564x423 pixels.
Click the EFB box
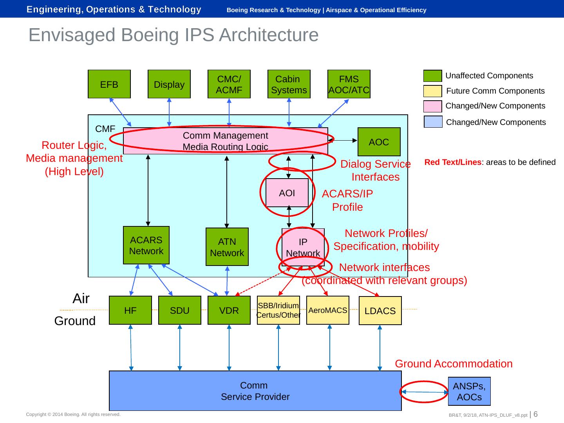pos(109,84)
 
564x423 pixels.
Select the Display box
pos(169,84)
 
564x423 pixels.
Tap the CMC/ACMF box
pos(229,84)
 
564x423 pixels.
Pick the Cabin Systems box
pos(289,84)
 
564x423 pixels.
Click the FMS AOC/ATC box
pos(349,84)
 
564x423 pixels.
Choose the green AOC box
pos(379,142)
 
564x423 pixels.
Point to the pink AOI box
pos(287,193)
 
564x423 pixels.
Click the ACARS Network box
pos(146,245)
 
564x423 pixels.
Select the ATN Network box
pos(227,247)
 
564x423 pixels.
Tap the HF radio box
pos(130,310)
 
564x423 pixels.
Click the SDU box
pos(179,310)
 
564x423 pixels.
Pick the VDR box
pos(229,310)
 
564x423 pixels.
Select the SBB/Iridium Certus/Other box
pos(278,310)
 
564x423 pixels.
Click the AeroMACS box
pos(327,310)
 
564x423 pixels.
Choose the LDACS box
pos(380,311)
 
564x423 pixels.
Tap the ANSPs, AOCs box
pos(469,391)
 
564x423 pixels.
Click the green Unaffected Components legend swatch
pos(432,76)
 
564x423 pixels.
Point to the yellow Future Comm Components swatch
pos(432,91)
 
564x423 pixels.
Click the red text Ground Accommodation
pos(454,364)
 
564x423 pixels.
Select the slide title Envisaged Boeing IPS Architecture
pos(174,35)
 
